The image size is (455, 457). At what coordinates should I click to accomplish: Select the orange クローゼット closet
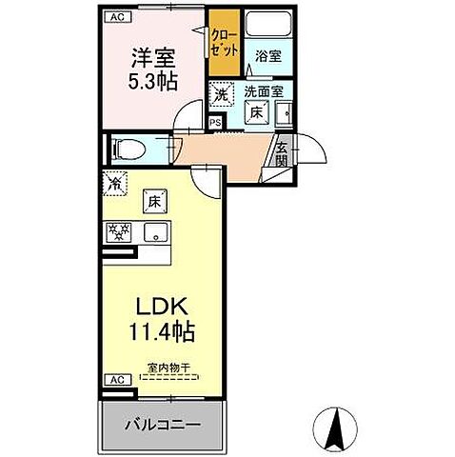click(225, 42)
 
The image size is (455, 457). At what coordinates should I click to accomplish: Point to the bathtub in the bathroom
click(269, 26)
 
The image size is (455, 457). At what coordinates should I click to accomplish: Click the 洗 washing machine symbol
click(221, 94)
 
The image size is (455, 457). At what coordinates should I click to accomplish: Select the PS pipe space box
click(214, 121)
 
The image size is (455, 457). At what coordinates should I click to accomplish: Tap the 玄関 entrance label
click(283, 152)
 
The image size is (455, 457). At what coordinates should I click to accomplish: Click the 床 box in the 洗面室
click(255, 111)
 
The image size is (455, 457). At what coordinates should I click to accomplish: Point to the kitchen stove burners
click(119, 232)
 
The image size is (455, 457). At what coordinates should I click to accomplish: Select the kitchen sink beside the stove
click(152, 232)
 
